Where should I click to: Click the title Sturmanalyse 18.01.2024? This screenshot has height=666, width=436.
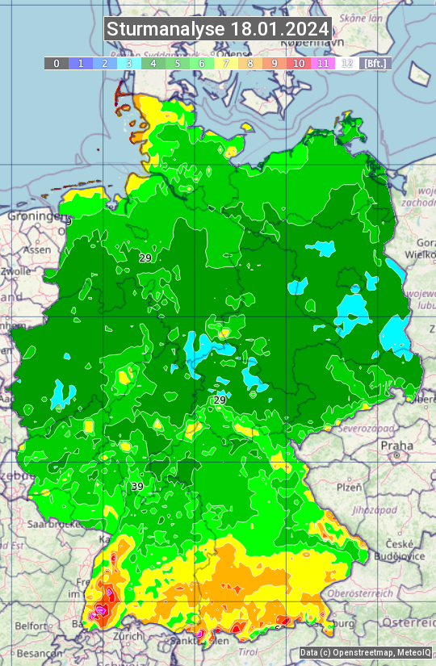[x=218, y=29]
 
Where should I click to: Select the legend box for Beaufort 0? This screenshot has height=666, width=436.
[x=57, y=63]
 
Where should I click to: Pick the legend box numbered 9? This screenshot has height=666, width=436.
[x=275, y=63]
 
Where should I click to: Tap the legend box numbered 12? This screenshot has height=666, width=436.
[x=347, y=63]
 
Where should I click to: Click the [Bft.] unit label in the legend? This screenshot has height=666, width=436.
[x=375, y=63]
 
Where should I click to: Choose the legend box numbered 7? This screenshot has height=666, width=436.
[x=226, y=63]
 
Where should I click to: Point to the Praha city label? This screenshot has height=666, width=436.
[x=396, y=445]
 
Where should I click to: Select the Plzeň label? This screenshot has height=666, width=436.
[x=348, y=488]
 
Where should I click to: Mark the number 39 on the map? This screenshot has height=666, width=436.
[x=137, y=486]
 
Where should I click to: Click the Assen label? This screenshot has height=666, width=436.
[x=36, y=250]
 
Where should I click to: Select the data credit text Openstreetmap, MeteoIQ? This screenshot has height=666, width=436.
[x=364, y=652]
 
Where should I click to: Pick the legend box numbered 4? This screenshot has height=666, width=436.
[x=153, y=63]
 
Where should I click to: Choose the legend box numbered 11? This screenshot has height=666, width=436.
[x=323, y=63]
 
